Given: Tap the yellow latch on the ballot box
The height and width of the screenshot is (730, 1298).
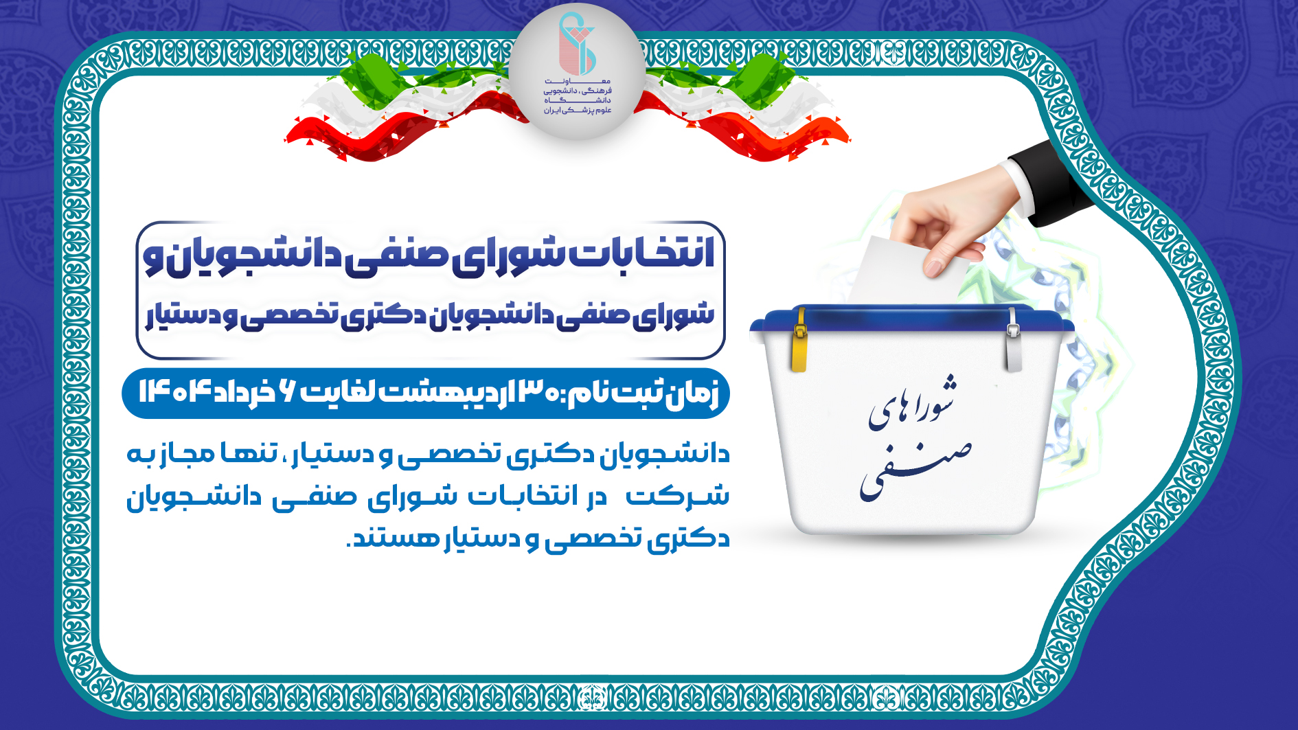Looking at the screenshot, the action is click(799, 341).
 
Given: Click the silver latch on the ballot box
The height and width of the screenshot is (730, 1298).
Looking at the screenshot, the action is click(1013, 341).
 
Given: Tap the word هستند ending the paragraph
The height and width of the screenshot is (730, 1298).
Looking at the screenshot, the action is click(385, 538).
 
